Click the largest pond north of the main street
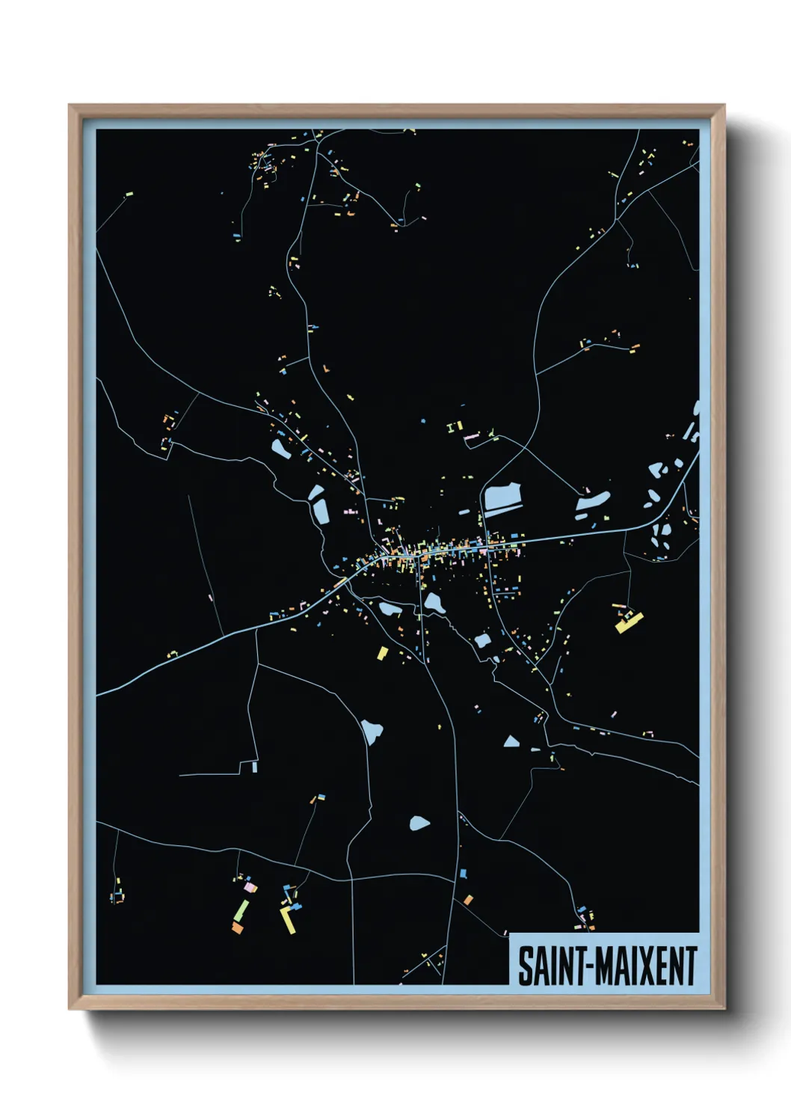[x=502, y=497]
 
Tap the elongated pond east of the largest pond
[x=593, y=502]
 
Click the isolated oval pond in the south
[x=419, y=824]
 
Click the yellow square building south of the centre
[x=382, y=653]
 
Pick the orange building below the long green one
[x=237, y=927]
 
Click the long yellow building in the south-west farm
[x=287, y=921]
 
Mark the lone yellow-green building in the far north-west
[x=128, y=194]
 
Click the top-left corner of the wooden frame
[x=70, y=106]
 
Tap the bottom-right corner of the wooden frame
[x=724, y=1009]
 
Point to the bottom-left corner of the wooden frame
[x=70, y=1009]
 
